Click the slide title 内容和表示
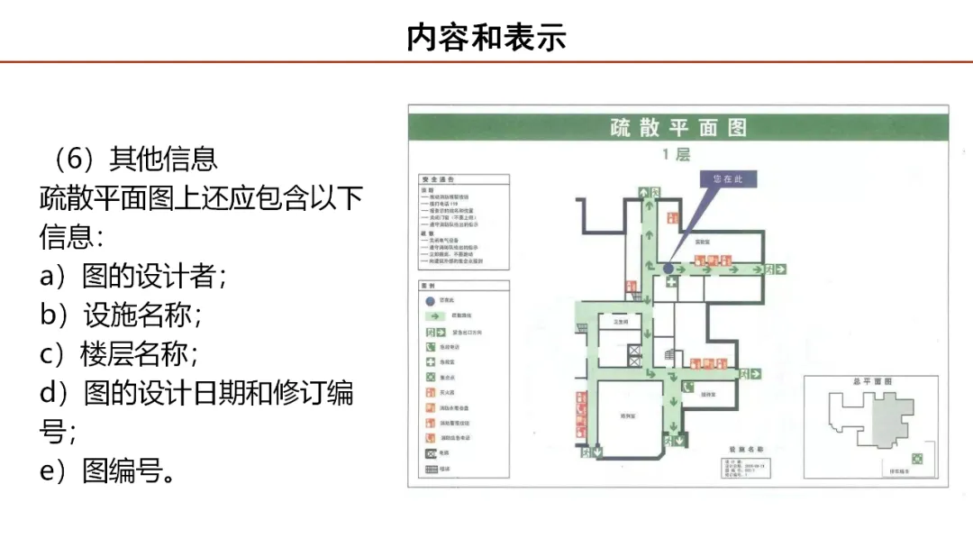coord(486,38)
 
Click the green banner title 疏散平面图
coord(677,127)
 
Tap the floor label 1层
coord(677,154)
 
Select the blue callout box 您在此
coord(728,179)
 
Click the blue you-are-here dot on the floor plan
coord(668,269)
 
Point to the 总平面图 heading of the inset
coord(872,382)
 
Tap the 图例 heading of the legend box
coord(429,285)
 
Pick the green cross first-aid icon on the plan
coord(672,282)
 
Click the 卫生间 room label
coord(620,321)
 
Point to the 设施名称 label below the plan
coord(746,448)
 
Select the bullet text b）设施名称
coord(121,315)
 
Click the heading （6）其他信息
coord(129,159)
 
